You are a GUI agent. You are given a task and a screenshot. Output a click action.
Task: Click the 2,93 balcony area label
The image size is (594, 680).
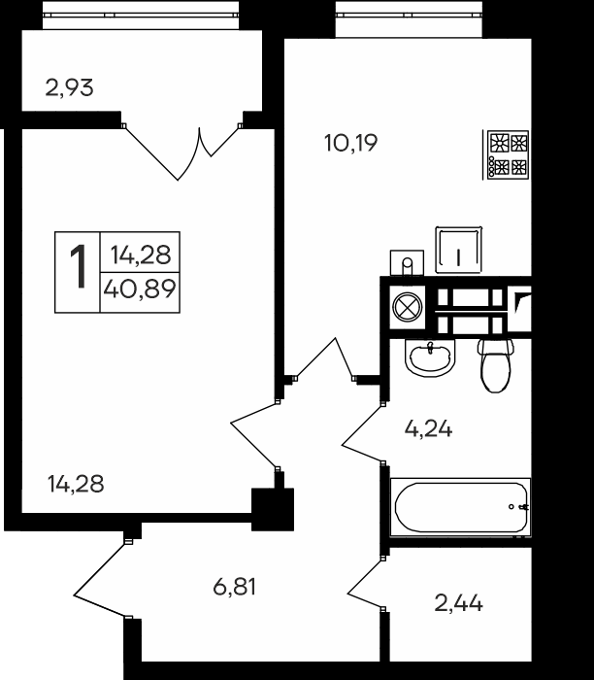[x=69, y=88]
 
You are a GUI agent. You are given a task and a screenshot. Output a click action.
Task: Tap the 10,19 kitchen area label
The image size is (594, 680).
[x=349, y=144]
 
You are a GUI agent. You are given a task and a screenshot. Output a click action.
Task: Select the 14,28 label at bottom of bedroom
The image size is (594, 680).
[x=76, y=483]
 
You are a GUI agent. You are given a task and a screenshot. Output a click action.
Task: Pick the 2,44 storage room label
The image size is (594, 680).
[x=458, y=603]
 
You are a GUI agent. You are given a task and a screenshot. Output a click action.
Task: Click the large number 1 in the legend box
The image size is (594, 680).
[x=78, y=268]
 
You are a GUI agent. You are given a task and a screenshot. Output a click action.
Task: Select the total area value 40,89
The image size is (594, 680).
[x=141, y=289]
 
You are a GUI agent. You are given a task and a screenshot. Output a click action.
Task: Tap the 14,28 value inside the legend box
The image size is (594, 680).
[x=141, y=255]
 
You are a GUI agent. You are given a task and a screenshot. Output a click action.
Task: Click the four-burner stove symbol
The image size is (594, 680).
[x=508, y=154]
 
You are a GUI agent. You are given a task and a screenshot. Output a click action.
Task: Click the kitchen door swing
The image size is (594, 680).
[x=325, y=360]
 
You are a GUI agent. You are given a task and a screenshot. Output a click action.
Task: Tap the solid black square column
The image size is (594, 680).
[x=273, y=508]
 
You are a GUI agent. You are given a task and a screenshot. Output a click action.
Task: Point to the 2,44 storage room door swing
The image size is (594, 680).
[x=367, y=587]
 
